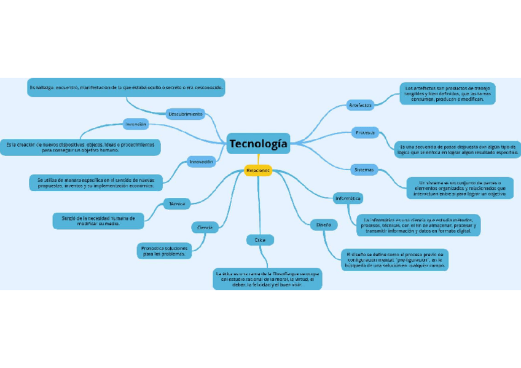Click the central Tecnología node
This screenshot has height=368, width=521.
[x=258, y=144]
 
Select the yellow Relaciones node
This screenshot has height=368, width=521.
[x=258, y=170]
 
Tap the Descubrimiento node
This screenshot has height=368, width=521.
[x=185, y=114]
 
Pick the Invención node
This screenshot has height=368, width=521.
[x=136, y=124]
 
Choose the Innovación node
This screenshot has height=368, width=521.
[x=201, y=162]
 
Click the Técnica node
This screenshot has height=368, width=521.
[x=176, y=203]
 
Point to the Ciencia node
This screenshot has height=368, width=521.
[x=205, y=227]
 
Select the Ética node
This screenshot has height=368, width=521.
[x=260, y=240]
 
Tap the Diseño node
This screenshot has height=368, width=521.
[x=323, y=225]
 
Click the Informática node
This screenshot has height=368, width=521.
[x=348, y=198]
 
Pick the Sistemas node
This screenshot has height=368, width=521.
[x=364, y=170]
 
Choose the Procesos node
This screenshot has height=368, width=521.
[x=365, y=132]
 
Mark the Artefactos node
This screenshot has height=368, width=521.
[x=360, y=105]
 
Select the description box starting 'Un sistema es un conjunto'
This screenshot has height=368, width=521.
[x=460, y=188]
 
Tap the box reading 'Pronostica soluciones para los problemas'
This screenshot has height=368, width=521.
[x=163, y=250]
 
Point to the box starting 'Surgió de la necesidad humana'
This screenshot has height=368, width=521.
[x=98, y=221]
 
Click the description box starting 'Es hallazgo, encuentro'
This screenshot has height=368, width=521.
[x=126, y=88]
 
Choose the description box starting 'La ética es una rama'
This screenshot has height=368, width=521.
[x=267, y=278]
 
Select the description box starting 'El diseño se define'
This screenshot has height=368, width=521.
[x=394, y=259]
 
